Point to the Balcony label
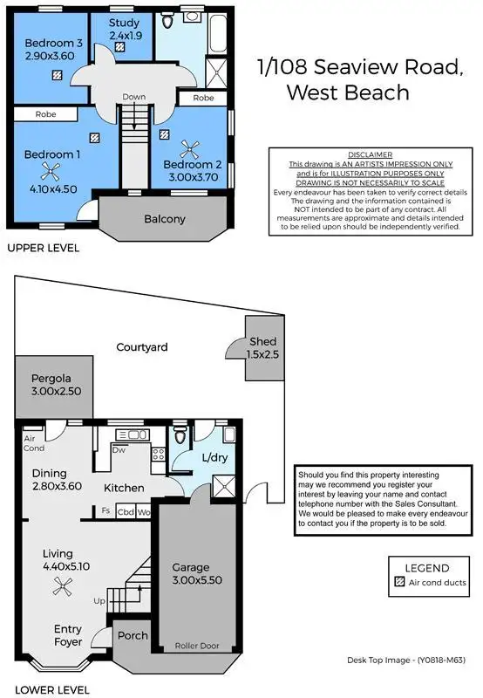coord(164,219)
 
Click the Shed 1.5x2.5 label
coord(262,341)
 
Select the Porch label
coord(133,636)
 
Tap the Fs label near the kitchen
coord(105,511)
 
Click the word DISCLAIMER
coord(371,154)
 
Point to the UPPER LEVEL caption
coord(44,248)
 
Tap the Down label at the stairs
coord(133,97)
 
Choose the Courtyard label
coord(142,347)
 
